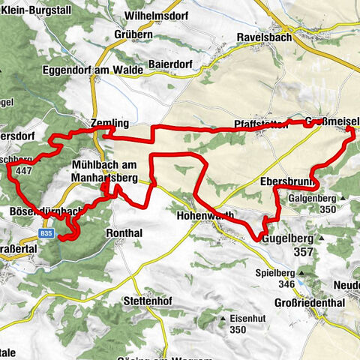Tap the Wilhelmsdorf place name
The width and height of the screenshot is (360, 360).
[156, 13]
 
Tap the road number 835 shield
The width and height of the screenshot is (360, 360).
[46, 235]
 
